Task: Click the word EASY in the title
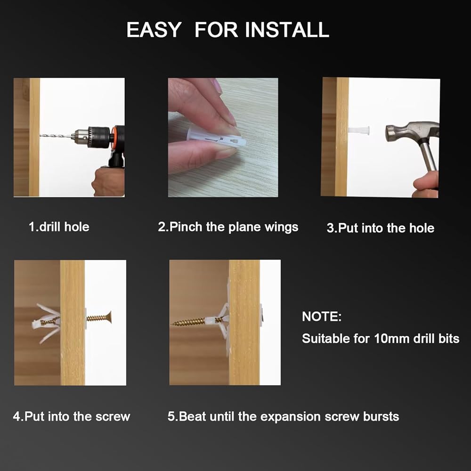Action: pyautogui.click(x=154, y=30)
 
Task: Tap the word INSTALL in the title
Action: pyautogui.click(x=287, y=30)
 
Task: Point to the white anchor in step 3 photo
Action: pyautogui.click(x=358, y=130)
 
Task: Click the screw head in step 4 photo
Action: pyautogui.click(x=109, y=317)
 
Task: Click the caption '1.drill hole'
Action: pyautogui.click(x=59, y=227)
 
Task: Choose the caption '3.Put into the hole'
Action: pyautogui.click(x=380, y=228)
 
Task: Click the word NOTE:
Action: pyautogui.click(x=322, y=317)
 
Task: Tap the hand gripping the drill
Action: pyautogui.click(x=108, y=182)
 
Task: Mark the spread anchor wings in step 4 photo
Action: pyautogui.click(x=47, y=324)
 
